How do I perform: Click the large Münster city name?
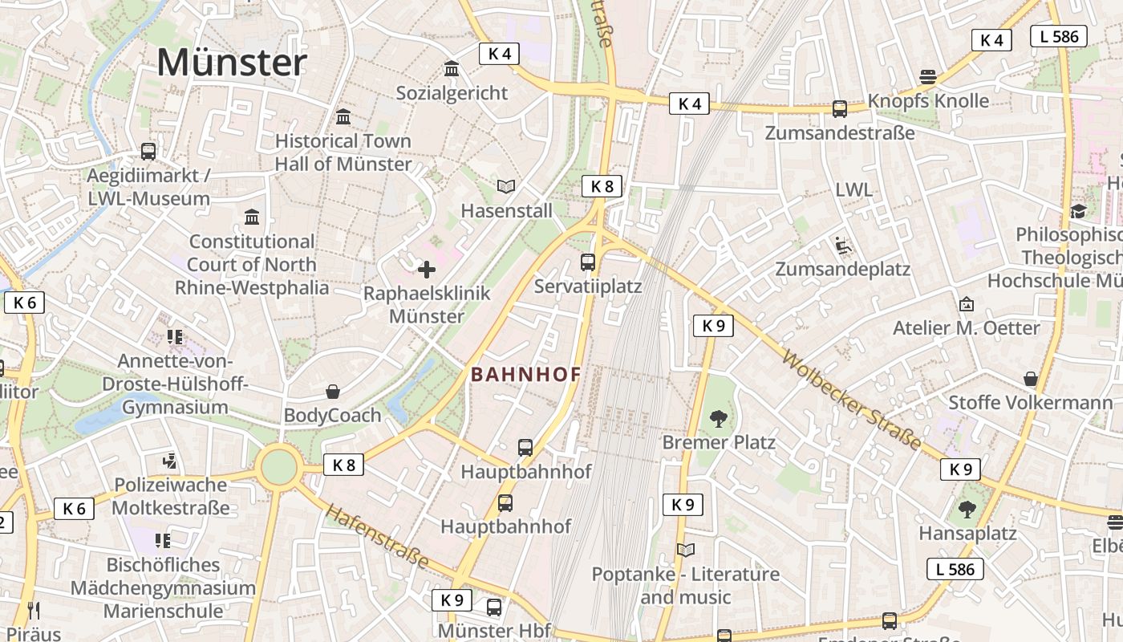pyautogui.click(x=232, y=63)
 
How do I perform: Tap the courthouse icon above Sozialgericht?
pyautogui.click(x=452, y=69)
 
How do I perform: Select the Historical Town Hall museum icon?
pyautogui.click(x=343, y=117)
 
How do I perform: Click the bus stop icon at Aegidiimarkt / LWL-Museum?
pyautogui.click(x=148, y=151)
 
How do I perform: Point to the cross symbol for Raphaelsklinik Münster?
pyautogui.click(x=427, y=270)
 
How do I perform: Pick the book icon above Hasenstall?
pyautogui.click(x=505, y=187)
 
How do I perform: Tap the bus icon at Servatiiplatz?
pyautogui.click(x=588, y=262)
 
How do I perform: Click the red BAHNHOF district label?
pyautogui.click(x=525, y=375)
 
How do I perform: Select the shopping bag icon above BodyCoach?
pyautogui.click(x=333, y=392)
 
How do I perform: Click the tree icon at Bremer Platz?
pyautogui.click(x=718, y=418)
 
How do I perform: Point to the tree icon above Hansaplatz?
pyautogui.click(x=967, y=509)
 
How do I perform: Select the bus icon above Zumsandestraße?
pyautogui.click(x=840, y=108)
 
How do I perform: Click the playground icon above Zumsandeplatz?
pyautogui.click(x=842, y=245)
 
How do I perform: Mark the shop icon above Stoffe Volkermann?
pyautogui.click(x=1031, y=379)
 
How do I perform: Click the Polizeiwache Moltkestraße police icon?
pyautogui.click(x=169, y=461)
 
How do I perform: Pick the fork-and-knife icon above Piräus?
pyautogui.click(x=33, y=611)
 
